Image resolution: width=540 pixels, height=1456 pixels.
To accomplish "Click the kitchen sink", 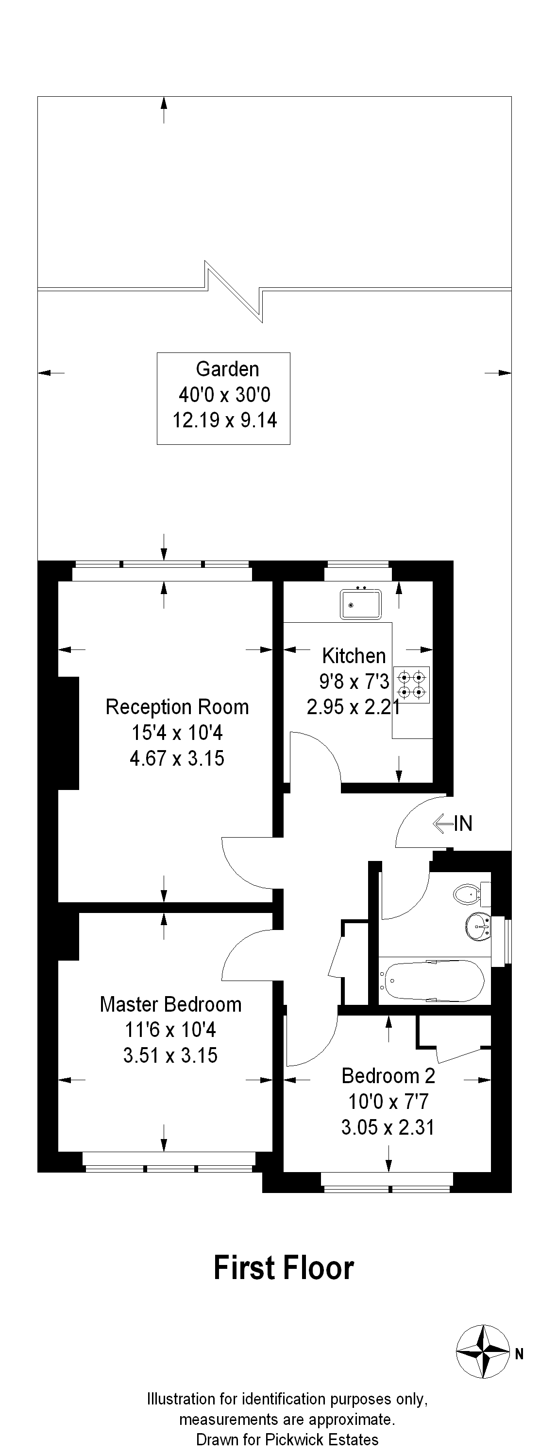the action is pos(360,604).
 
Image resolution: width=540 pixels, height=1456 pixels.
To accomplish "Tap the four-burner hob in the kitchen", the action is pos(411,684).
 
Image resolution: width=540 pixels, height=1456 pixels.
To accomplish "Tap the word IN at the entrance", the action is pos(463,824).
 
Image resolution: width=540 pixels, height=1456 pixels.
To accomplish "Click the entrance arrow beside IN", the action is pos(443,824).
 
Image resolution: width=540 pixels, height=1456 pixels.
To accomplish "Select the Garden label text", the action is pos(228,369).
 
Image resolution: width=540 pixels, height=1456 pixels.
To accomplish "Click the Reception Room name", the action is pos(177,707).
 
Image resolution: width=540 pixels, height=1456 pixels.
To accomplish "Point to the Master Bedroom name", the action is pos(170,1004).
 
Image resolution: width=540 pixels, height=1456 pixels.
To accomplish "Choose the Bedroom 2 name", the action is pos(388,1076).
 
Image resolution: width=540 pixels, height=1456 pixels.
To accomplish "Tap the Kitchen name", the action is pos(354,656).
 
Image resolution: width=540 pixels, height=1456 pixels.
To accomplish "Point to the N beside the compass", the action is pos(519,1354).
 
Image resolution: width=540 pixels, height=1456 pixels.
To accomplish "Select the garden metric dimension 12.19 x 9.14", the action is pos(225,420).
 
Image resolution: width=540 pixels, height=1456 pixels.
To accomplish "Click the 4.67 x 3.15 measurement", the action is pos(177,758).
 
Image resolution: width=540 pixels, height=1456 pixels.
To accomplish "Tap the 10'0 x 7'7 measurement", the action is pos(388,1101).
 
